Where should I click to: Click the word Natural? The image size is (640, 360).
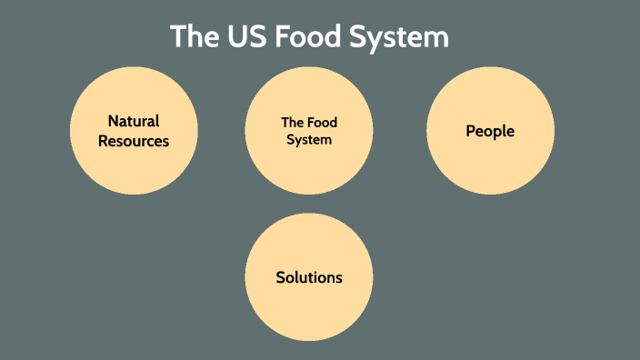coord(134,121)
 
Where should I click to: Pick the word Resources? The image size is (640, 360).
coord(134,141)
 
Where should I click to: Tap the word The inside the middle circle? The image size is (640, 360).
coord(292,123)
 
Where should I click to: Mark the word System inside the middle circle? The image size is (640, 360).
coord(309,140)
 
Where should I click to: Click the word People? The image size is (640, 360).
coord(490,131)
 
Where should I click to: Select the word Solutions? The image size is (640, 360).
coord(309,276)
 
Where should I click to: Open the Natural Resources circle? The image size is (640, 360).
coord(134,168)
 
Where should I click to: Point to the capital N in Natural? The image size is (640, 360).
coord(113,121)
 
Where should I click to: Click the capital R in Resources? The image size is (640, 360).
coord(103,141)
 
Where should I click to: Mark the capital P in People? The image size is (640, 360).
coord(471,131)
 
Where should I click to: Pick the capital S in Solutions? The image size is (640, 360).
coord(281,276)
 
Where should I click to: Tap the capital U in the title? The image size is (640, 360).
coord(238,37)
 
